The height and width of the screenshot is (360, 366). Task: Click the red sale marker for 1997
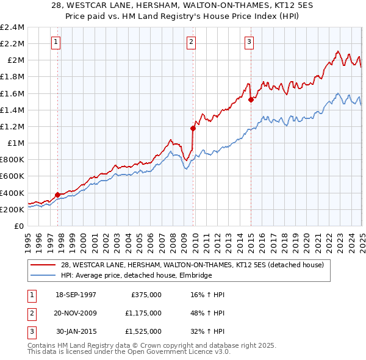(58, 195)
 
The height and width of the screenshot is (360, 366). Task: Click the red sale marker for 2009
(193, 128)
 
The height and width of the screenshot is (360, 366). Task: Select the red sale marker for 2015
(251, 99)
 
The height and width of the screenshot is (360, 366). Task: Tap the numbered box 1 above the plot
(56, 42)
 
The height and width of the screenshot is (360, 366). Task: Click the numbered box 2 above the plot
(191, 42)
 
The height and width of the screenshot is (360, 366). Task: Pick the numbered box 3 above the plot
(249, 42)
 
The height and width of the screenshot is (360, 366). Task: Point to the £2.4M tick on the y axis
(12, 27)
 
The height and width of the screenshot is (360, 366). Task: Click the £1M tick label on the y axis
(16, 143)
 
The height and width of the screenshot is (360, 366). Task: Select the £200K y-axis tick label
(12, 209)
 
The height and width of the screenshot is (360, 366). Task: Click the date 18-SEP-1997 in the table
(76, 295)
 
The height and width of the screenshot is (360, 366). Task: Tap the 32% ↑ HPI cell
(208, 332)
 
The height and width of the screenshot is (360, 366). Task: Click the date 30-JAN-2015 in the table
(76, 332)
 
